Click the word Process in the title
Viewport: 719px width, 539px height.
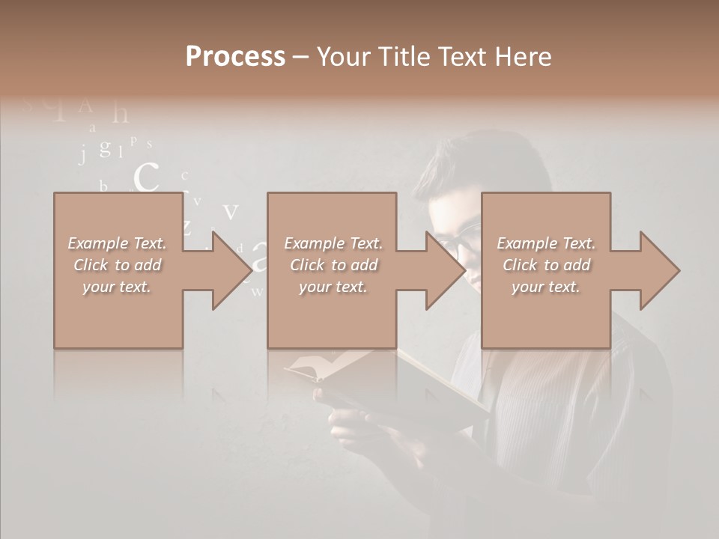click(x=235, y=57)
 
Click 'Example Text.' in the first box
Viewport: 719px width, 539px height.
click(x=117, y=243)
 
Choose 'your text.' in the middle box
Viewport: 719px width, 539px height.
click(x=333, y=287)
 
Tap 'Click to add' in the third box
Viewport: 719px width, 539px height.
click(x=546, y=265)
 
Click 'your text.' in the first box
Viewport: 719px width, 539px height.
click(x=117, y=287)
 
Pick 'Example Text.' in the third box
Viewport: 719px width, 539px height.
click(x=546, y=243)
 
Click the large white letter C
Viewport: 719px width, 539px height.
click(x=147, y=178)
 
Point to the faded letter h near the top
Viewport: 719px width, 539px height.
click(x=120, y=114)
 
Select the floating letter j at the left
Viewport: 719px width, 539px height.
click(x=83, y=153)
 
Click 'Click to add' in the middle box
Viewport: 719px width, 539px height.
click(x=333, y=265)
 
